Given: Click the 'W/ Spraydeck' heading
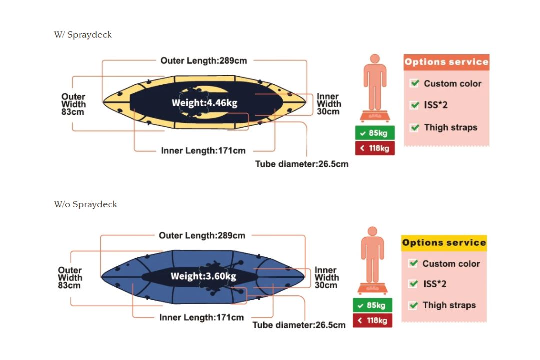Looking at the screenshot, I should point(83,35).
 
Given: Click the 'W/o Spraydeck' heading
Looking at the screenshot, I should point(85,204).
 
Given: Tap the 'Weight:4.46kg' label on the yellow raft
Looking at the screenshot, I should point(204,103).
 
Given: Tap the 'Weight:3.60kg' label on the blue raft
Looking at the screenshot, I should point(203,276).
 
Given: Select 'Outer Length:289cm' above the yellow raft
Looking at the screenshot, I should point(204,61).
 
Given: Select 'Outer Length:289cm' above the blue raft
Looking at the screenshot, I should point(202,235).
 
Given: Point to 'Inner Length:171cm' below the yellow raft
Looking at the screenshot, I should point(203,151).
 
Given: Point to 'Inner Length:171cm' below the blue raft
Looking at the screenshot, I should point(202,317).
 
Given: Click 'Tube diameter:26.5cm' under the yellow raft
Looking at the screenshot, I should point(302,164).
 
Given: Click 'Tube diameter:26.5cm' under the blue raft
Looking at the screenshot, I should point(299,325).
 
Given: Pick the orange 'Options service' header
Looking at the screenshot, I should point(446,62).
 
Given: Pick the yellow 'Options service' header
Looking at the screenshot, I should point(444,243).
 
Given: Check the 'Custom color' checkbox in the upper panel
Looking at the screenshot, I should point(415,83).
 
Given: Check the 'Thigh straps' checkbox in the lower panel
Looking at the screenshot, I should point(413,305).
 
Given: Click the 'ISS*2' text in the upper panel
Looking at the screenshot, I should point(435,105).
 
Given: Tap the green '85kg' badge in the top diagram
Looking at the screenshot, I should point(375,133).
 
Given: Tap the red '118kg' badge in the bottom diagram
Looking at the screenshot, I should point(372,320).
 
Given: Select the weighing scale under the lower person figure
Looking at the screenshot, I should point(372,289).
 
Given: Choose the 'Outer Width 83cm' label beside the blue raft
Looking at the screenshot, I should point(70,278).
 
